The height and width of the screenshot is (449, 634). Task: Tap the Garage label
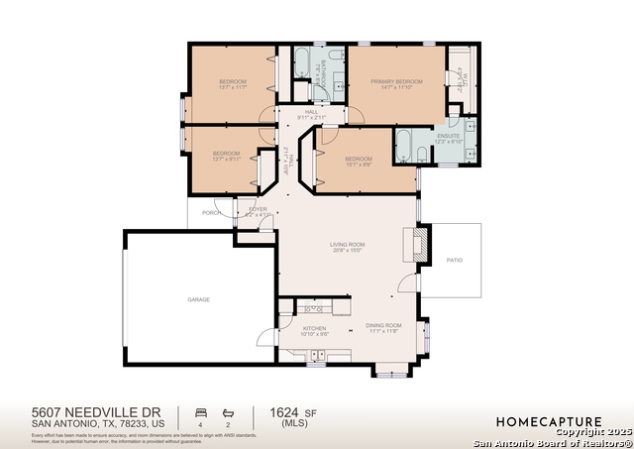(x=199, y=298)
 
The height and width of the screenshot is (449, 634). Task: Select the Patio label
(x=455, y=260)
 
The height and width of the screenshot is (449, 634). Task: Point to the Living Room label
(x=348, y=244)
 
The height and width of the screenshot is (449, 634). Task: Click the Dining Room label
(x=383, y=325)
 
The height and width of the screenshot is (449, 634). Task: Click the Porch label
(x=210, y=212)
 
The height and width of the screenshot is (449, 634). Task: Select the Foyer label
(x=258, y=209)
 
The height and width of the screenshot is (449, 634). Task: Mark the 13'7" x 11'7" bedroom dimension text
(x=233, y=87)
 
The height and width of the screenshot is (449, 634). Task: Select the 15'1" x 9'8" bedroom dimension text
(x=358, y=165)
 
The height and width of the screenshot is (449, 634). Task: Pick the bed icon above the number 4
(x=200, y=410)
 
